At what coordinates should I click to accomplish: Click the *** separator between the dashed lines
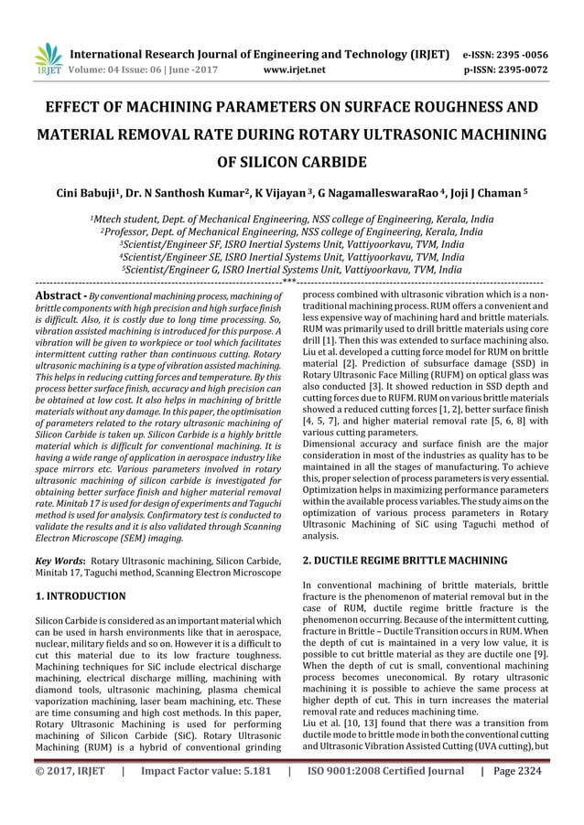tap(288, 283)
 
